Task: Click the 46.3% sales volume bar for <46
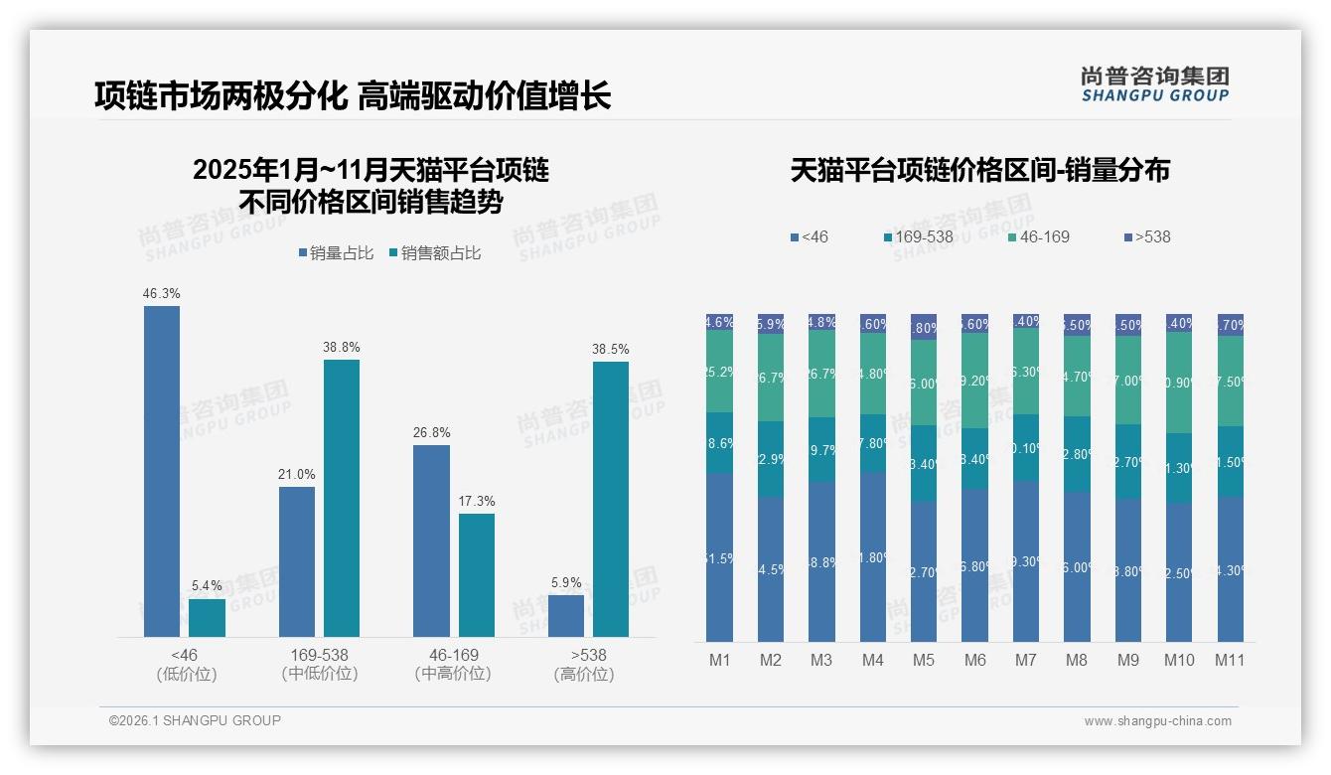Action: pos(162,471)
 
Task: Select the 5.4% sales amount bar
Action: pos(207,617)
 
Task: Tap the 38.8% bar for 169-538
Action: pos(342,498)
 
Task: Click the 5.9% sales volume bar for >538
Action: pos(566,615)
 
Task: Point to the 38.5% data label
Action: pos(611,350)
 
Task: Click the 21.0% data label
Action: pos(297,475)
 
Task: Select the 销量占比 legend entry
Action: pos(335,253)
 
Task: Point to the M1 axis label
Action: pos(719,660)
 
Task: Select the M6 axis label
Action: pos(974,660)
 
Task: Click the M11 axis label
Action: pos(1230,660)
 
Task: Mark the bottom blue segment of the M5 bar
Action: pos(924,571)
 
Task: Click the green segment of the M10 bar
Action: pos(1179,383)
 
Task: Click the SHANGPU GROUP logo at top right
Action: pos(1154,84)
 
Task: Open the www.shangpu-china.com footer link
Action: pos(1157,721)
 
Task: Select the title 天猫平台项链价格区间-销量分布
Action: pos(979,170)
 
